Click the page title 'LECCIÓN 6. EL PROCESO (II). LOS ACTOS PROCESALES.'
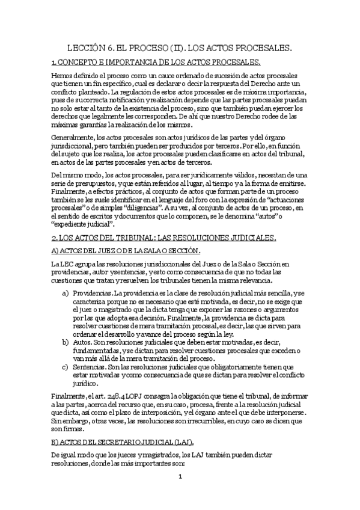(x=180, y=47)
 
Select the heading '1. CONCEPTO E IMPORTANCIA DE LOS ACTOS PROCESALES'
(x=156, y=62)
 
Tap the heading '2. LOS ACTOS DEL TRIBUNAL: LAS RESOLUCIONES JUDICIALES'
(x=163, y=239)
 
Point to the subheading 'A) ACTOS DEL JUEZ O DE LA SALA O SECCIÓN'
(x=126, y=251)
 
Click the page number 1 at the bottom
(x=180, y=494)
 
